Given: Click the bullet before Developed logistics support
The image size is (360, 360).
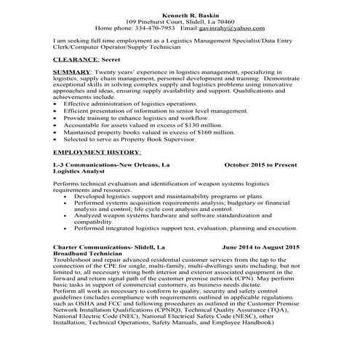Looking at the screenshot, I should [x=67, y=196].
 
